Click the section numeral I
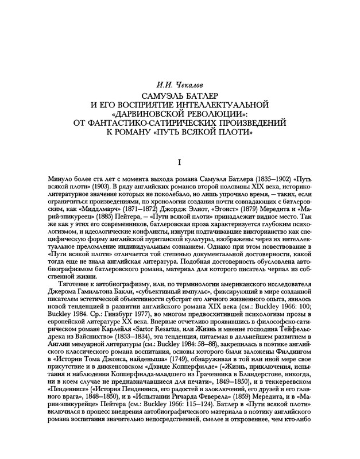pos(180,164)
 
